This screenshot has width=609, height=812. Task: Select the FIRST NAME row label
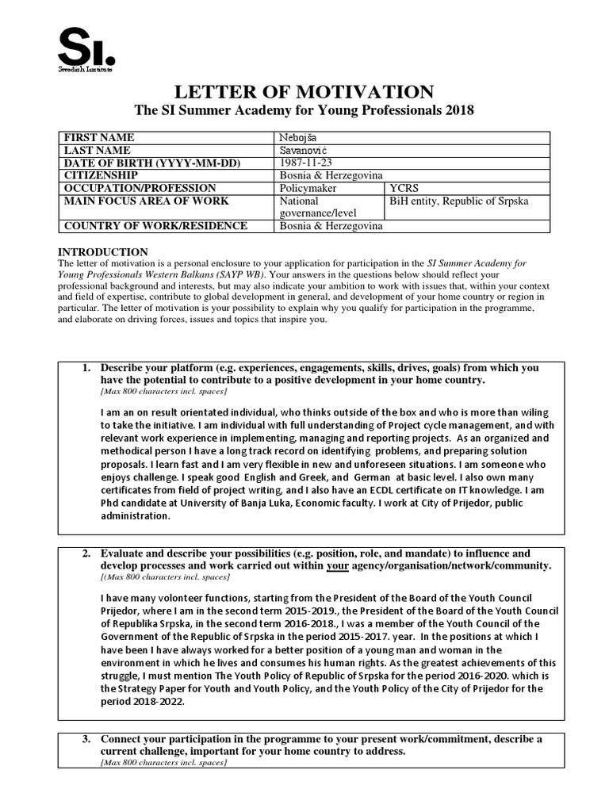[x=99, y=137]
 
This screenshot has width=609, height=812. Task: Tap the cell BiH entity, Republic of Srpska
[x=458, y=201]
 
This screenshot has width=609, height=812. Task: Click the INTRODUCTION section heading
[x=103, y=251]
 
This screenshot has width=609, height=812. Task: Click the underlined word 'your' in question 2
[x=339, y=565]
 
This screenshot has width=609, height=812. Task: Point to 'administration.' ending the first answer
[x=136, y=515]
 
